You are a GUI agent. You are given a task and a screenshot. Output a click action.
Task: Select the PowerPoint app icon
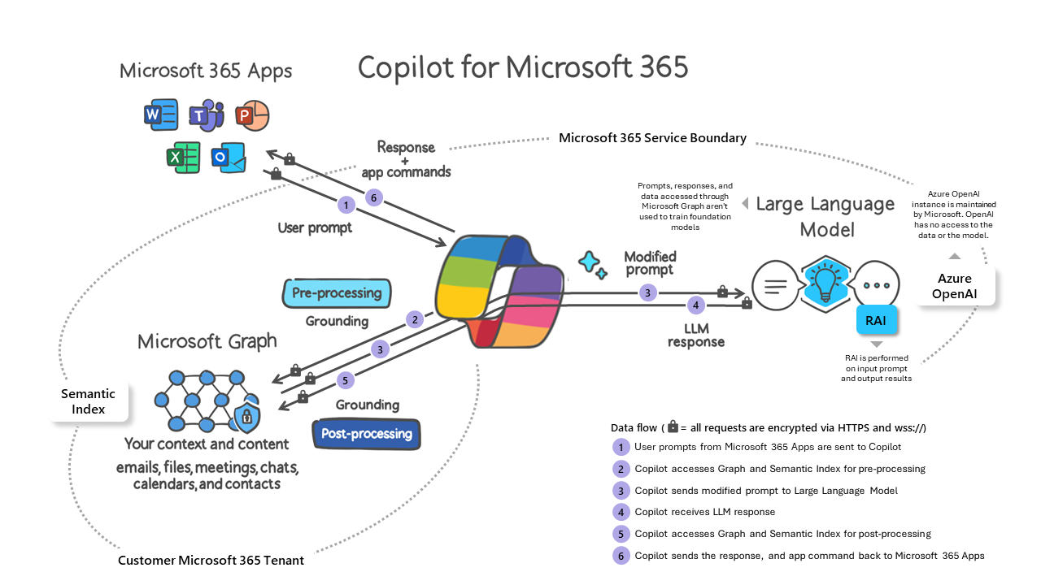click(251, 115)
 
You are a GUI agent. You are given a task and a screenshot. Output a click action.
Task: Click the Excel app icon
click(184, 156)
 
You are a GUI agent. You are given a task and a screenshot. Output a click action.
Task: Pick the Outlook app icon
click(229, 157)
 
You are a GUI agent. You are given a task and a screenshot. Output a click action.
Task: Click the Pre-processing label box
click(337, 293)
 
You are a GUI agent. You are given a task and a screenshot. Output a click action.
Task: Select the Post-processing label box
click(367, 434)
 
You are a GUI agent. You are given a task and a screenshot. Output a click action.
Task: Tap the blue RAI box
click(876, 320)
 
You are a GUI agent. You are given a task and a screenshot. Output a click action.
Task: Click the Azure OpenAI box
click(955, 285)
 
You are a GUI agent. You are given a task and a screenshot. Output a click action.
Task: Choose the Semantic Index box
click(89, 401)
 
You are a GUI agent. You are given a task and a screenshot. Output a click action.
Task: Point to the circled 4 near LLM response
click(695, 305)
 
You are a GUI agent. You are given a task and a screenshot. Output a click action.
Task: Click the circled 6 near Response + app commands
click(373, 197)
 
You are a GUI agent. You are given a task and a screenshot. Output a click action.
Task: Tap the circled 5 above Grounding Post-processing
click(345, 379)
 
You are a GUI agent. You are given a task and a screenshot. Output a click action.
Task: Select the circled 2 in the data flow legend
click(621, 469)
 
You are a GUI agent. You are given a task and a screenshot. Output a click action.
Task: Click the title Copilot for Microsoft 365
click(523, 67)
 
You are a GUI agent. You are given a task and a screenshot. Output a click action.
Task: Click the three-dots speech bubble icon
click(877, 285)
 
